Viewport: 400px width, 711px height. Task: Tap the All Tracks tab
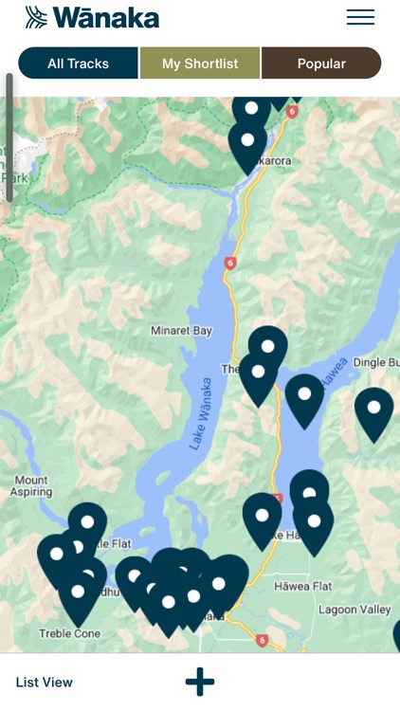[x=79, y=64]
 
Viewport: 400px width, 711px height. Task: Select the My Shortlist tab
[x=200, y=64]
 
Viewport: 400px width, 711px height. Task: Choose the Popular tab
[x=321, y=64]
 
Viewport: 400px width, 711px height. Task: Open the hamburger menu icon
[x=360, y=17]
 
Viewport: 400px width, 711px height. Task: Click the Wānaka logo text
[x=106, y=17]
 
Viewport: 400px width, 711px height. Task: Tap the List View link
[x=45, y=682]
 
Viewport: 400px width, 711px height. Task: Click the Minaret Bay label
[x=181, y=331]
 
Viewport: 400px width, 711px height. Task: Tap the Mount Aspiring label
[x=30, y=486]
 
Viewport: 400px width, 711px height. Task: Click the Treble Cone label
[x=69, y=633]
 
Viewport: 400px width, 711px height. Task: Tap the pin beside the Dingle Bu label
[x=373, y=409]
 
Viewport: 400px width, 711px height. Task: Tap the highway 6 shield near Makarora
[x=291, y=112]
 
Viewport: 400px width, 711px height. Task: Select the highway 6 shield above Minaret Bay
[x=230, y=263]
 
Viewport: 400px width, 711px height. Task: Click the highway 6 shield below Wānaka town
[x=262, y=640]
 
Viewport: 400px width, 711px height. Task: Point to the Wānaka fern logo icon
[x=36, y=17]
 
